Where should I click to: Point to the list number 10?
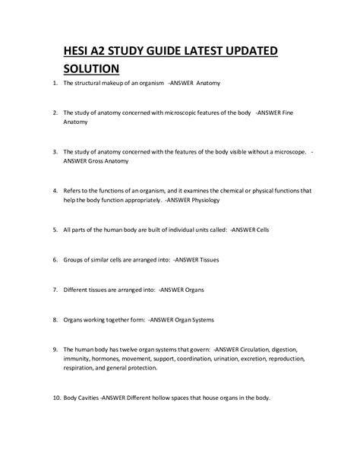point(46,398)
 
